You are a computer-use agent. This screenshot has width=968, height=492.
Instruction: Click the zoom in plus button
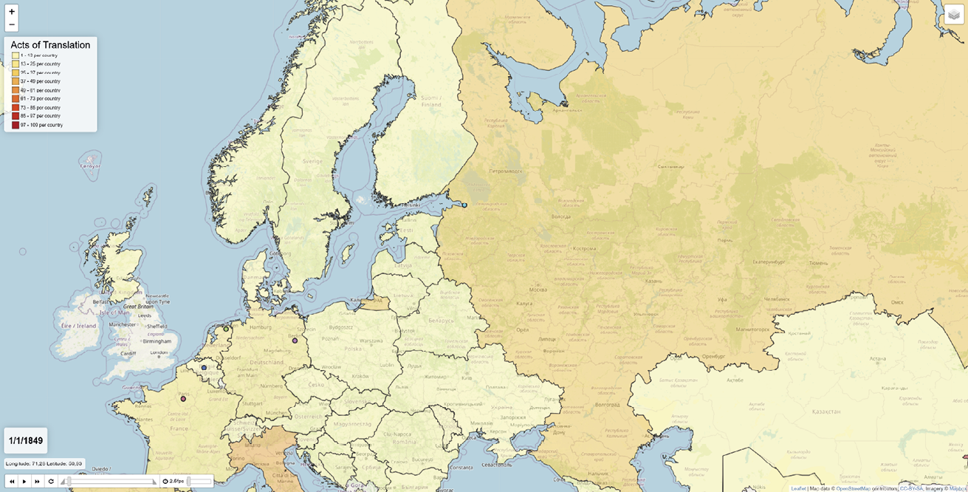(x=12, y=12)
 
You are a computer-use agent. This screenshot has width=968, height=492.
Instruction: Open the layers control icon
(x=954, y=15)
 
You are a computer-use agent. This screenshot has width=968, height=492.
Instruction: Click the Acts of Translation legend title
(x=50, y=45)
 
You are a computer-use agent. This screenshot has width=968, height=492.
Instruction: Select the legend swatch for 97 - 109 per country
(x=16, y=125)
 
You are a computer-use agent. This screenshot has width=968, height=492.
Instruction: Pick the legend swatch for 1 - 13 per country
(x=16, y=55)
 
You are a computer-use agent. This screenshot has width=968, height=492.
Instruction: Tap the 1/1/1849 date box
(x=26, y=440)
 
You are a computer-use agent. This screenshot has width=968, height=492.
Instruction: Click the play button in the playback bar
(x=24, y=481)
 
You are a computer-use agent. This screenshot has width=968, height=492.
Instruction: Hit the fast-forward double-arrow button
(x=38, y=481)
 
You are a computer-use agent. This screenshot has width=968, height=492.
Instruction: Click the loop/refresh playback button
(x=51, y=481)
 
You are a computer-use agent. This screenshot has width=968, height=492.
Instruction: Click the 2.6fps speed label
(x=176, y=481)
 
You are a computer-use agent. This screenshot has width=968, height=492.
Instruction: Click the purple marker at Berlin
(x=295, y=341)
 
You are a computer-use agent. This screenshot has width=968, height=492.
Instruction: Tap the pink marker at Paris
(x=183, y=399)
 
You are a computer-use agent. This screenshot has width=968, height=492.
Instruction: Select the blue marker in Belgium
(x=204, y=367)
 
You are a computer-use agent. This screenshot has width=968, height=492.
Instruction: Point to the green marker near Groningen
(x=225, y=329)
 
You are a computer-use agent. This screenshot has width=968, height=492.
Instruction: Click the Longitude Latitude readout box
(x=44, y=464)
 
